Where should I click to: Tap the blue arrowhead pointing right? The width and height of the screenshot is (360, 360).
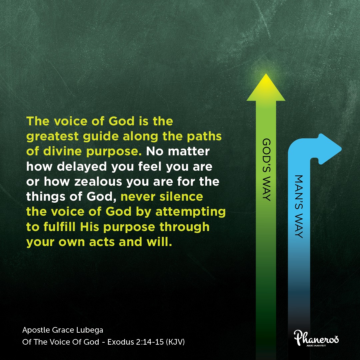330,149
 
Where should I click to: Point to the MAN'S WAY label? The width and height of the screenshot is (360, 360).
299,207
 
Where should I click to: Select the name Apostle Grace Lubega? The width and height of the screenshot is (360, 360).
63,330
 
